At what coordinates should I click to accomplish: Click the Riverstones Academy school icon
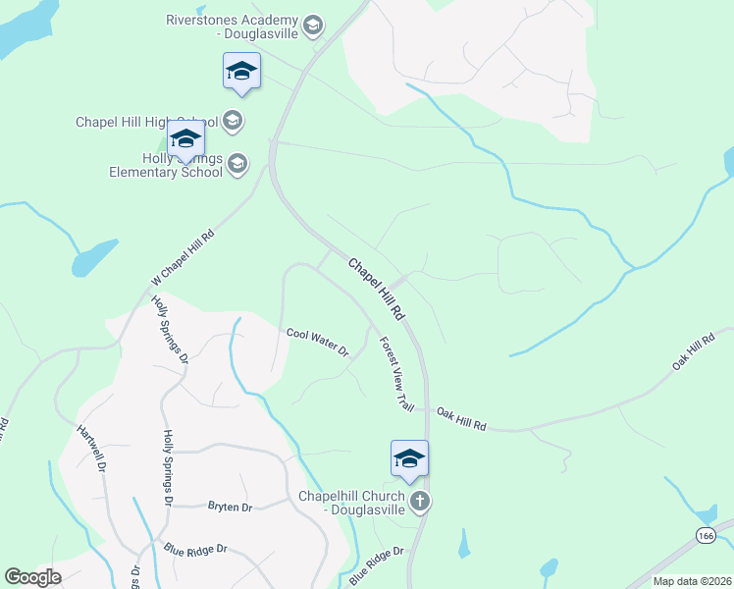tap(313, 26)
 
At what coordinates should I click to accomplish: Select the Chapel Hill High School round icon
tap(233, 122)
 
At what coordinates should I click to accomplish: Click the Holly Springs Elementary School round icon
tap(237, 164)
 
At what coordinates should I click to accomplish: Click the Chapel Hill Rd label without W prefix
tap(376, 289)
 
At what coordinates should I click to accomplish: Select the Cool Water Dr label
tap(318, 342)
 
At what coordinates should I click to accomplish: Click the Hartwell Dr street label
tap(90, 447)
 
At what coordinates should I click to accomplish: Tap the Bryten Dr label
tap(231, 507)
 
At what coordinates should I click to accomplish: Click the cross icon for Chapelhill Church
tap(419, 503)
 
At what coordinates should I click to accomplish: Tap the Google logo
tap(32, 577)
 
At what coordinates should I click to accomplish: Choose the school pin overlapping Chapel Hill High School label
tap(184, 139)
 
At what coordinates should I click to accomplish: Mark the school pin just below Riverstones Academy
tap(241, 72)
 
